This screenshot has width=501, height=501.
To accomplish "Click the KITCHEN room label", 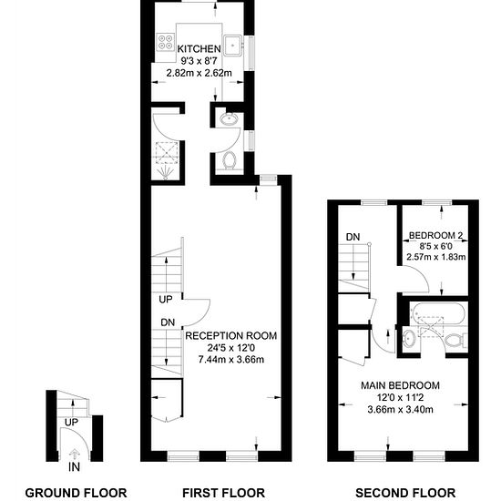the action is [x=199, y=49].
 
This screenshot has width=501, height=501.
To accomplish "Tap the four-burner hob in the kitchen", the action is [x=166, y=42].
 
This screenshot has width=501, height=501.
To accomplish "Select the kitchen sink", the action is [x=233, y=46].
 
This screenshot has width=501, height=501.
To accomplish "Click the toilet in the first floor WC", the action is [x=229, y=160].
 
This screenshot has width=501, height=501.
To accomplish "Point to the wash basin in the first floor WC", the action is [x=229, y=119].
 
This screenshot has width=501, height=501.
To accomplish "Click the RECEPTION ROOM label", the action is [x=231, y=336].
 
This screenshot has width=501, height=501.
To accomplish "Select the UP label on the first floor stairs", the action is [x=166, y=300].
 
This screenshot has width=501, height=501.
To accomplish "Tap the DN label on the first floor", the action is [x=168, y=322].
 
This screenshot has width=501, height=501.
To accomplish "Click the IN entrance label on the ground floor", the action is [x=74, y=467].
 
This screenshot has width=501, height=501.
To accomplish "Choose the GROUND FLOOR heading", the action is [x=76, y=493].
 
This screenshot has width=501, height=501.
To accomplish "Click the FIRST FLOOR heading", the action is [x=224, y=493].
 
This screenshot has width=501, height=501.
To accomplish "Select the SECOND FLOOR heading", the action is [x=405, y=493].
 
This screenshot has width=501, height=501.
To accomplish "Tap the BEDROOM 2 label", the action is [x=435, y=236].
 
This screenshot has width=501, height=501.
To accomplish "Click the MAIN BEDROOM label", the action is [x=401, y=385].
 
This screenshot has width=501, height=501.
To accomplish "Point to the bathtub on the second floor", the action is [x=436, y=313].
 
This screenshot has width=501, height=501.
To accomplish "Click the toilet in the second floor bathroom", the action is [x=456, y=341].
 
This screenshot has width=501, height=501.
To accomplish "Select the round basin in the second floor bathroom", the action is [x=409, y=338].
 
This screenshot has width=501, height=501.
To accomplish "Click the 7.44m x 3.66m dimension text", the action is [x=231, y=360].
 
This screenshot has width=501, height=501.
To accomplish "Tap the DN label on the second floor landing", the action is [x=353, y=237].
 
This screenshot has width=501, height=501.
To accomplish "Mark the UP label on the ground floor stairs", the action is [x=71, y=423].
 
